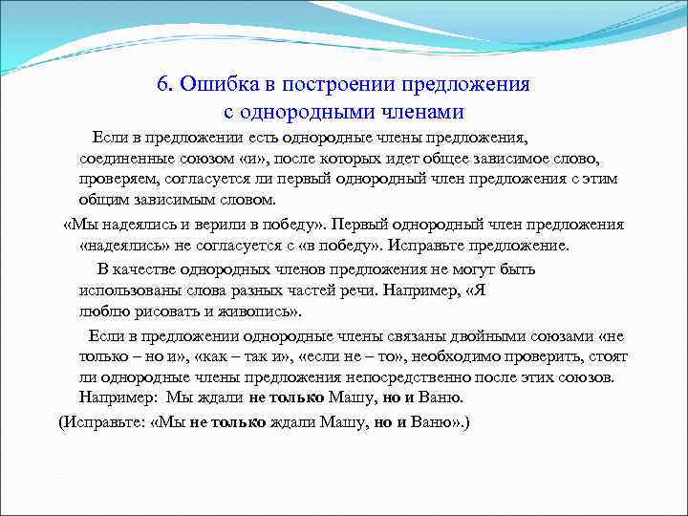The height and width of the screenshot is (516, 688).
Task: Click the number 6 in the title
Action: [163, 84]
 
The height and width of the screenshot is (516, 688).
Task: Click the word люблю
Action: [100, 312]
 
